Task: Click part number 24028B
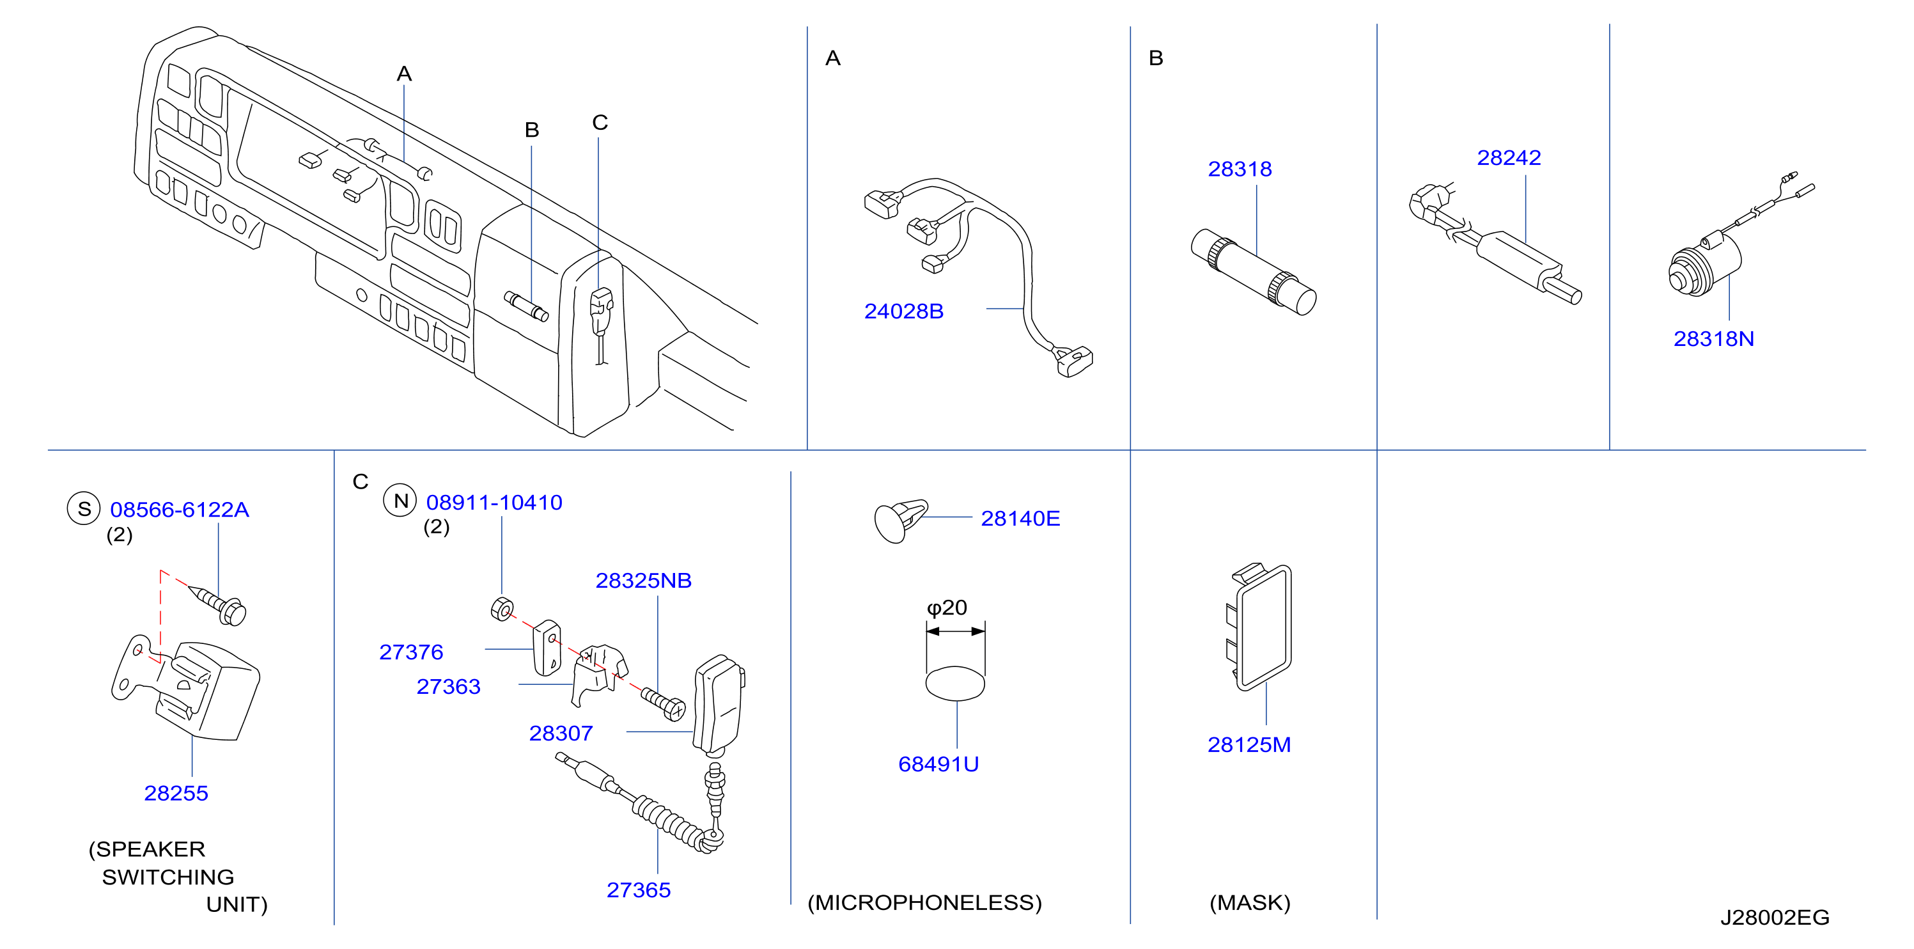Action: [x=903, y=311]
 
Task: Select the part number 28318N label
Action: [x=1713, y=339]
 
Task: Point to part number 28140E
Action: [x=1020, y=518]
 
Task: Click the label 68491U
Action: [x=938, y=764]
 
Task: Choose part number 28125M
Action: [x=1249, y=744]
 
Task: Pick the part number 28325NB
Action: [x=644, y=581]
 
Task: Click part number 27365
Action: [x=638, y=890]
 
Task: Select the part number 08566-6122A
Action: [x=180, y=510]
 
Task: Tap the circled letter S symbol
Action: [x=84, y=509]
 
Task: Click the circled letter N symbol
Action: [x=400, y=501]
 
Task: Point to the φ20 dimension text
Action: [x=947, y=609]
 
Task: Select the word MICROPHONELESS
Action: [x=924, y=902]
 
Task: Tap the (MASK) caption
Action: [x=1250, y=902]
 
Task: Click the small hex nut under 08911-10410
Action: [x=502, y=609]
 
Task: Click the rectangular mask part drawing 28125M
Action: [x=1258, y=627]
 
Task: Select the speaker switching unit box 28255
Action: [x=186, y=688]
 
